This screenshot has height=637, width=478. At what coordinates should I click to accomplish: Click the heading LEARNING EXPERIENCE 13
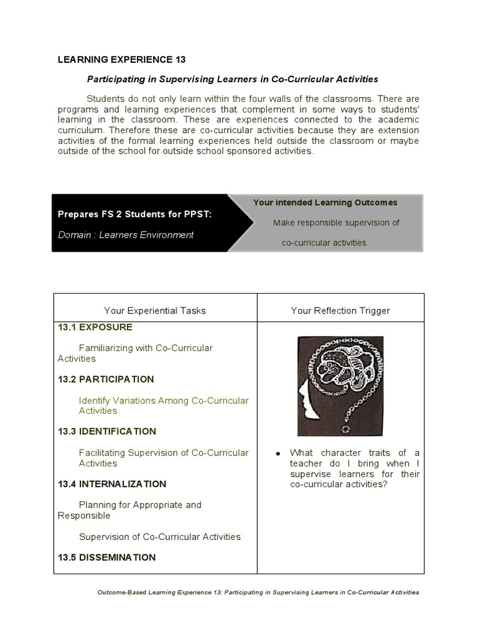[121, 60]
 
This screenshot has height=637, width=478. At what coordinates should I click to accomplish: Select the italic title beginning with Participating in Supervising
[232, 80]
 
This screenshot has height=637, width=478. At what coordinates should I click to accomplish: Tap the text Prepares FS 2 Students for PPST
[134, 214]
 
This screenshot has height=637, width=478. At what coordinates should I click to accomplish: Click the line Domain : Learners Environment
[126, 235]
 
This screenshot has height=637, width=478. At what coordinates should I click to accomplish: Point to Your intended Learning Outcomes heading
[325, 202]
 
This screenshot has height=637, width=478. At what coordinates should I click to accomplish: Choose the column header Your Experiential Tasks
[155, 310]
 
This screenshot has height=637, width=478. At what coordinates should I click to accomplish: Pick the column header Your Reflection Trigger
[340, 310]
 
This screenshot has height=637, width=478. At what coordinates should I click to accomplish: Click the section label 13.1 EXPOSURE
[95, 327]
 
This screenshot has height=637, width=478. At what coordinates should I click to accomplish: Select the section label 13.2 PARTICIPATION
[106, 379]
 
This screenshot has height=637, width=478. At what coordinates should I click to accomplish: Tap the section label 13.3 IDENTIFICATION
[107, 431]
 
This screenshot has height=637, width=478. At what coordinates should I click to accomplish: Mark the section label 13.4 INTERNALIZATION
[112, 483]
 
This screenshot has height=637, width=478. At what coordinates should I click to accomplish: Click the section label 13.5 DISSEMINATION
[106, 557]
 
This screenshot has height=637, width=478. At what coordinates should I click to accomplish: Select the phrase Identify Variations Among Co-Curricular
[164, 400]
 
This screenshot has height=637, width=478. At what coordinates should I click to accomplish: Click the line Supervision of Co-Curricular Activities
[160, 536]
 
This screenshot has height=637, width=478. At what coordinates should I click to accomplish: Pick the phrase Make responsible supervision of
[336, 223]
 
